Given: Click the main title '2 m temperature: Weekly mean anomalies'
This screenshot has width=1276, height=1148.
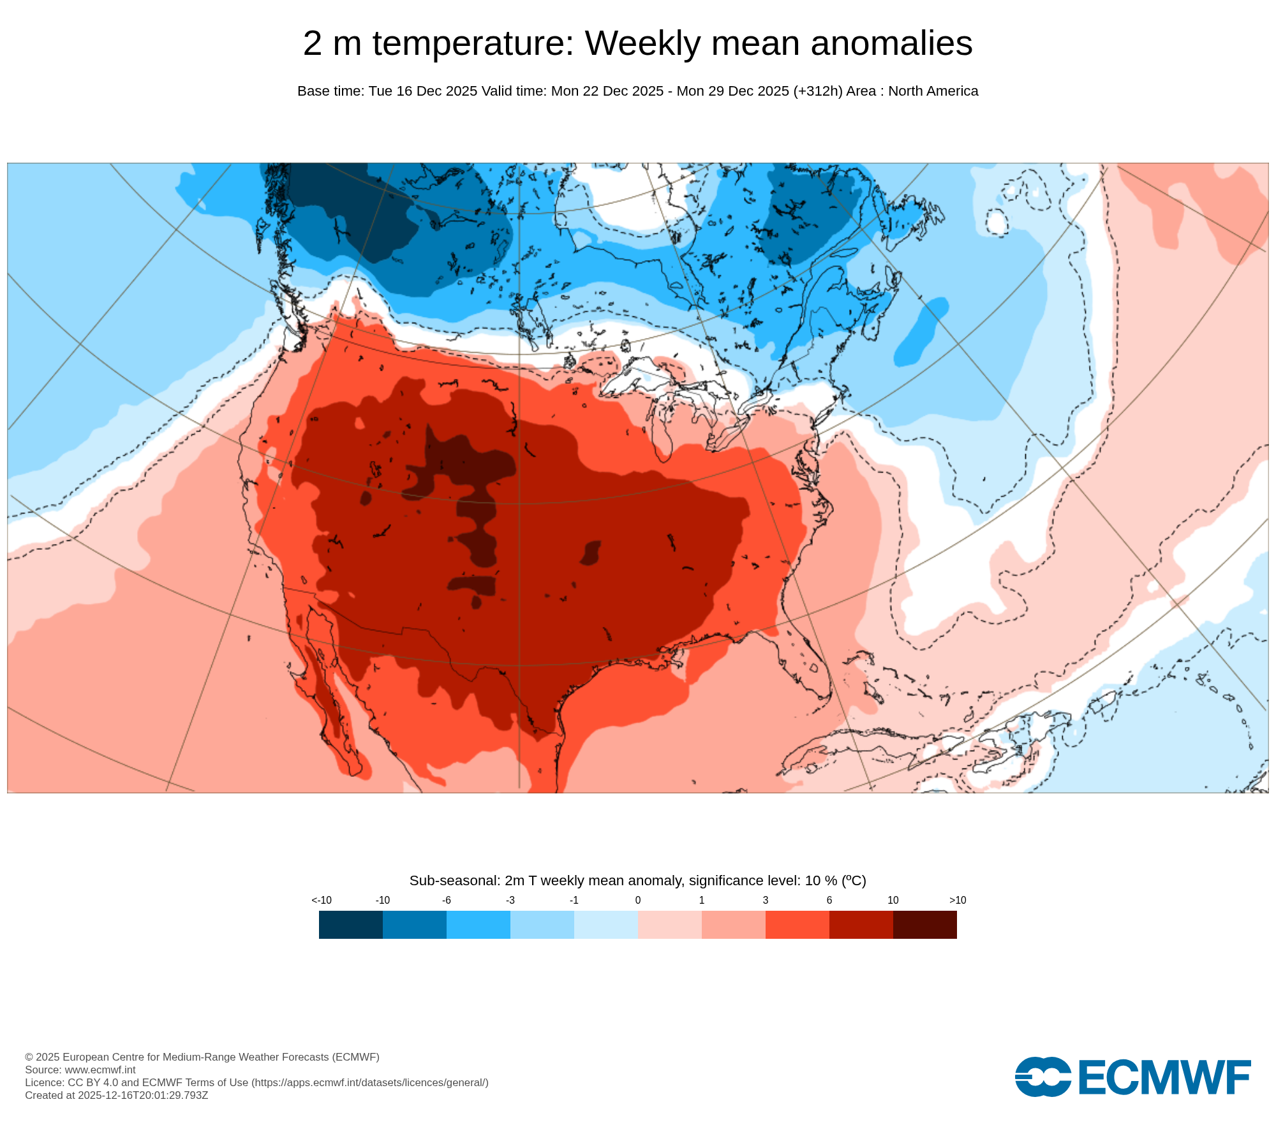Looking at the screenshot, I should click(637, 43).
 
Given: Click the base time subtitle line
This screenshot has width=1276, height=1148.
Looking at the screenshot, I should click(637, 91).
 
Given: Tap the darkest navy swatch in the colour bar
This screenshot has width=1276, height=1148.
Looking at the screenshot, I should click(351, 924).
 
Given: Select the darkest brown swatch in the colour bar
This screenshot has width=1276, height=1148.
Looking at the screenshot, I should click(924, 924).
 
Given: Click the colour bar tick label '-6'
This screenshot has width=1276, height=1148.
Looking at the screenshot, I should click(447, 900).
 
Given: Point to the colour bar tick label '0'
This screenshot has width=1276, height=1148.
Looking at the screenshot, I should click(638, 900).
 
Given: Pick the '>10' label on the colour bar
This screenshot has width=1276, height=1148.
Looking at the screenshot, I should click(957, 900).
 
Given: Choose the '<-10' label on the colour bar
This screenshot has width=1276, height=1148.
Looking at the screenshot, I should click(322, 900).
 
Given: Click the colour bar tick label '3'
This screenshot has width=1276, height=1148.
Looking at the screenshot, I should click(766, 900).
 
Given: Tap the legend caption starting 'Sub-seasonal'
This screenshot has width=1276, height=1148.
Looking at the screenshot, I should click(637, 881).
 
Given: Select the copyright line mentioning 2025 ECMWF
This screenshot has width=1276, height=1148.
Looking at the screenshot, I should click(202, 1057).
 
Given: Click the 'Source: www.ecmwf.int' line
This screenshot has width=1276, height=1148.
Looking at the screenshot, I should click(80, 1070).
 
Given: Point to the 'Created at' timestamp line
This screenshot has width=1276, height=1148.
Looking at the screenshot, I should click(117, 1095).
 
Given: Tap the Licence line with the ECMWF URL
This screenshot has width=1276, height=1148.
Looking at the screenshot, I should click(256, 1082).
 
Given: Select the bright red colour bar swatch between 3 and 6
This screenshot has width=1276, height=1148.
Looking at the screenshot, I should click(797, 924).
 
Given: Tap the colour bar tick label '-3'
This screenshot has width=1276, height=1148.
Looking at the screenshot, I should click(510, 900).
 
